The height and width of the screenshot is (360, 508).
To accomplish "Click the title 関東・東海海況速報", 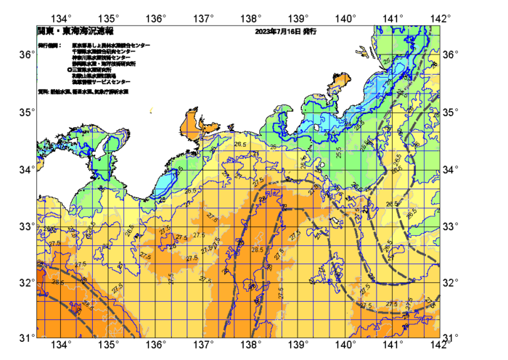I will coord(75,32).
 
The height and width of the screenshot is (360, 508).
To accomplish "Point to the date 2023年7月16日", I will coord(278,32).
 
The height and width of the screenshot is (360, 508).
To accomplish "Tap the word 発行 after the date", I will coord(309,32).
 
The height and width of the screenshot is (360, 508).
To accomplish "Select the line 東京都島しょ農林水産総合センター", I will coord(111,46).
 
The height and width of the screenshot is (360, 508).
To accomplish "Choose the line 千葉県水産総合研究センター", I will coord(104,52).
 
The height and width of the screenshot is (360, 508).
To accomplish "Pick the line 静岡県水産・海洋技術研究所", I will coord(104,64).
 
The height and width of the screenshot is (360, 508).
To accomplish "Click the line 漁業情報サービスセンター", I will coord(106,81).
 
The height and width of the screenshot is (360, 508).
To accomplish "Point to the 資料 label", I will coord(43,92).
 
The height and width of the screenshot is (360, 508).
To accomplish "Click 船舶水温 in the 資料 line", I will coord(60,92).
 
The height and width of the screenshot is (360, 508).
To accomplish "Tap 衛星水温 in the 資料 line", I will coord(81,92).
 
